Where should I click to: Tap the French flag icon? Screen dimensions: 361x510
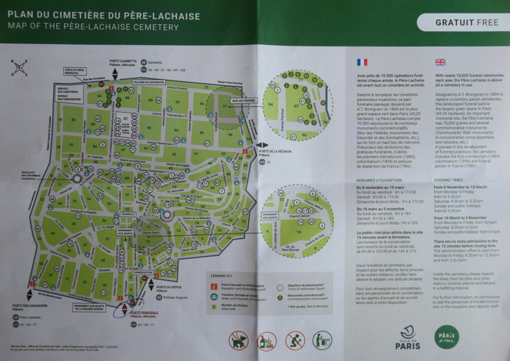[362, 62]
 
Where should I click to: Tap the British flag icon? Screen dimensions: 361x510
[440, 62]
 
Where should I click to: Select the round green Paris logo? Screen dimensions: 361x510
[446, 336]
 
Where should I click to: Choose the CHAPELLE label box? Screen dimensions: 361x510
[127, 214]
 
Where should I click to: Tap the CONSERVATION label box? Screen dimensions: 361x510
[142, 273]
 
